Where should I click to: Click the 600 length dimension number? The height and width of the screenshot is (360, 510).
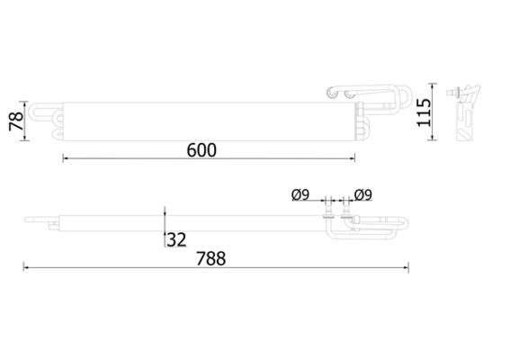(201, 149)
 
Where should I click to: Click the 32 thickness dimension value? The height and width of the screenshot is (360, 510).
(177, 239)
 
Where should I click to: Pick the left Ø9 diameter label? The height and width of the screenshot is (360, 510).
(300, 194)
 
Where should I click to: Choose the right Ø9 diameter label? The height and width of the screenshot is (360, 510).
(363, 194)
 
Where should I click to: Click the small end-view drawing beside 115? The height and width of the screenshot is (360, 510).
(465, 113)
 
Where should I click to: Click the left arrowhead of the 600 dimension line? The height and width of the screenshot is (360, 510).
(66, 159)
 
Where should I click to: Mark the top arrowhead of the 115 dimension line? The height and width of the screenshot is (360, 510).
(438, 88)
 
